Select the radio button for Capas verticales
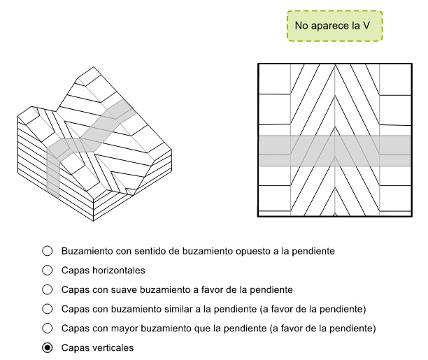(x=48, y=347)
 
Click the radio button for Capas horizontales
(x=48, y=269)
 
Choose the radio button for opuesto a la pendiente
(x=48, y=250)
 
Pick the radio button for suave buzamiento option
(x=48, y=289)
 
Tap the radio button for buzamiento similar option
(x=48, y=308)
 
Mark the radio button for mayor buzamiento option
(x=48, y=328)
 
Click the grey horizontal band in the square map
(x=334, y=150)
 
